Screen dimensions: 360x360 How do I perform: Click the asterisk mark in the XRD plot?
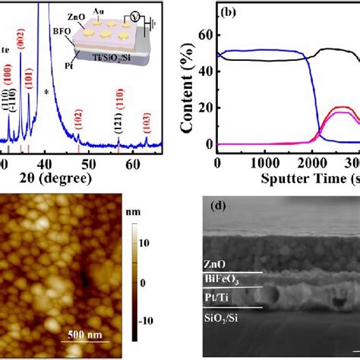pos(47,92)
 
